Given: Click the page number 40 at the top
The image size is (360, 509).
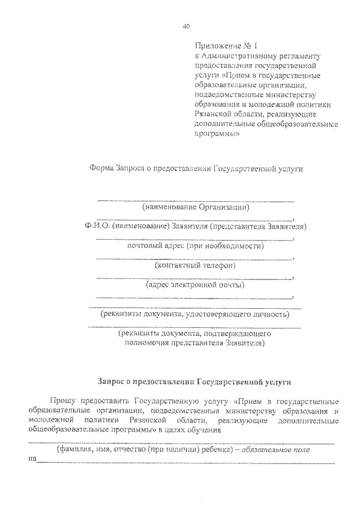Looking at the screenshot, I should pyautogui.click(x=187, y=26).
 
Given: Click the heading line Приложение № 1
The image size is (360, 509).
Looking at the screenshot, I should pyautogui.click(x=221, y=46).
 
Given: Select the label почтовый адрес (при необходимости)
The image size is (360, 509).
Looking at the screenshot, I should pyautogui.click(x=195, y=245).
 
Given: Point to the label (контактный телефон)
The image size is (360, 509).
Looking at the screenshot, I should pyautogui.click(x=195, y=265).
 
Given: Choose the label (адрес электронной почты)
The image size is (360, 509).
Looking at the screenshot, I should pyautogui.click(x=195, y=285).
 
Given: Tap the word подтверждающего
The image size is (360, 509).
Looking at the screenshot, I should pyautogui.click(x=244, y=334).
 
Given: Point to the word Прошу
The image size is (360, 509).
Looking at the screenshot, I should pyautogui.click(x=61, y=401).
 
